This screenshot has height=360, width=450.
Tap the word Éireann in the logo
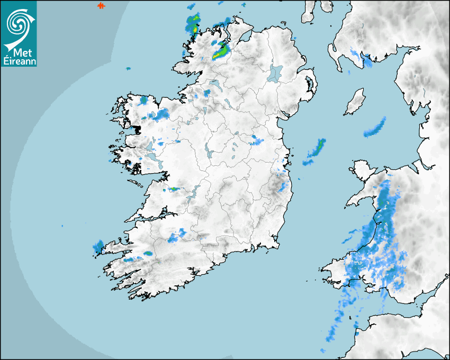pyautogui.click(x=19, y=61)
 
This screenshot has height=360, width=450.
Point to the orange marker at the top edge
pyautogui.click(x=101, y=6)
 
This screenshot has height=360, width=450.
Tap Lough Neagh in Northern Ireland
pyautogui.click(x=276, y=73)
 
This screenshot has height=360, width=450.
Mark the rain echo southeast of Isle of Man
pyautogui.click(x=375, y=128)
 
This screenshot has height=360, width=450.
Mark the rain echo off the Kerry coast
pyautogui.click(x=98, y=246)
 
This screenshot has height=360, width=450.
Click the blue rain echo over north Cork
pyautogui.click(x=177, y=235)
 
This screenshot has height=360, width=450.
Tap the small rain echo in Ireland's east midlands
pyautogui.click(x=257, y=140)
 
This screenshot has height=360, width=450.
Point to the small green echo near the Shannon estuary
pyautogui.click(x=174, y=188)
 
